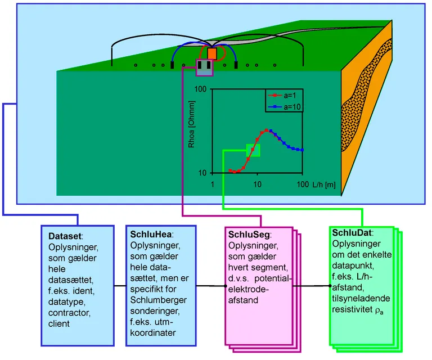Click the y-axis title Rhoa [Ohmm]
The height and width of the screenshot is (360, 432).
point(193,130)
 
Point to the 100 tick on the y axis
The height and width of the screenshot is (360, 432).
point(203,89)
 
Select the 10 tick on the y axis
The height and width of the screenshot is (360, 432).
point(205,173)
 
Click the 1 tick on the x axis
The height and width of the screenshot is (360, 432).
point(213,185)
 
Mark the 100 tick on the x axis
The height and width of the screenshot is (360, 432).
point(303,185)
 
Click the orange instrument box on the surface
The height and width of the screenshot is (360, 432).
point(212,53)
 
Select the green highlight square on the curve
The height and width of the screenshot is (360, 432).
point(253,150)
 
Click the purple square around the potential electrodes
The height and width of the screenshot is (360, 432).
point(204,67)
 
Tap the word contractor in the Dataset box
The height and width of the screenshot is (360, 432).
point(67,313)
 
